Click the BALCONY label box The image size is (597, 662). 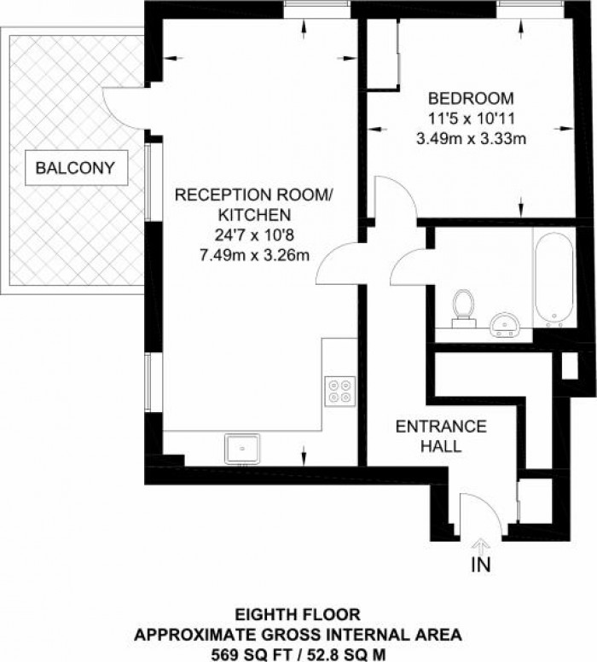75,168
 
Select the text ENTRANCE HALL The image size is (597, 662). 440,435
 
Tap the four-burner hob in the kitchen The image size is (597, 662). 339,391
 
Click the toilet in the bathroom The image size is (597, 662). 464,307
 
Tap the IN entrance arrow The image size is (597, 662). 480,546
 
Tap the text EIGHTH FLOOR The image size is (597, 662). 298,613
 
